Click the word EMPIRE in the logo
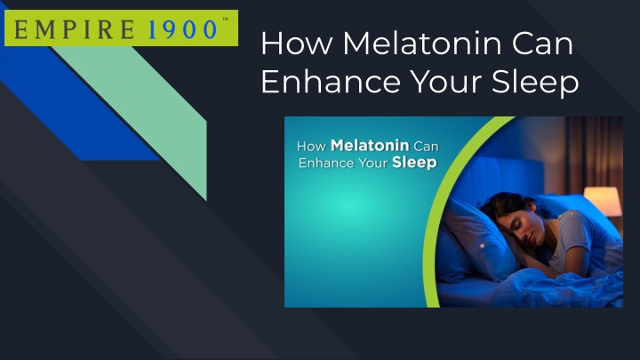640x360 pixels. [x=75, y=30]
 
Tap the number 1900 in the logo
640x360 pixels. [x=182, y=30]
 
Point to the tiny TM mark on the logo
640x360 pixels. [x=225, y=19]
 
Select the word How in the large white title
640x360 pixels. [x=297, y=44]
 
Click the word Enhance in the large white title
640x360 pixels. [x=331, y=81]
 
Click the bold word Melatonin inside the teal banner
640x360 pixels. [x=370, y=145]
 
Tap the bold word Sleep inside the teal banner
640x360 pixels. [x=414, y=163]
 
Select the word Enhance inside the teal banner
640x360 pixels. [x=326, y=163]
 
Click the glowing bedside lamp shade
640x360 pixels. [x=603, y=200]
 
